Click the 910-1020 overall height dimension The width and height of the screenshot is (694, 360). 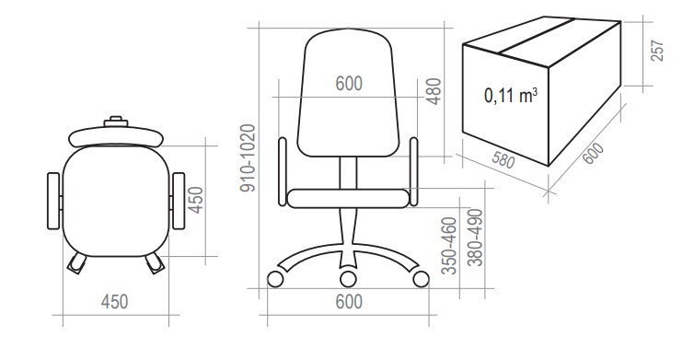click(248, 158)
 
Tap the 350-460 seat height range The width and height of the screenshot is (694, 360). click(449, 246)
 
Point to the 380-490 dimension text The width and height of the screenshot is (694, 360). click(475, 238)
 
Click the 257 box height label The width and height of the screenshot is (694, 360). click(657, 51)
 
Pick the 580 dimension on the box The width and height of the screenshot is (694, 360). click(503, 157)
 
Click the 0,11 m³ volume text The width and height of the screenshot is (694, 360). click(511, 95)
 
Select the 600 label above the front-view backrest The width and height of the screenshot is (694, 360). click(349, 84)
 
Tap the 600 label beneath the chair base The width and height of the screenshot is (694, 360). click(349, 302)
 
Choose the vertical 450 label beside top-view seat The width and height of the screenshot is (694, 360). click(195, 200)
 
